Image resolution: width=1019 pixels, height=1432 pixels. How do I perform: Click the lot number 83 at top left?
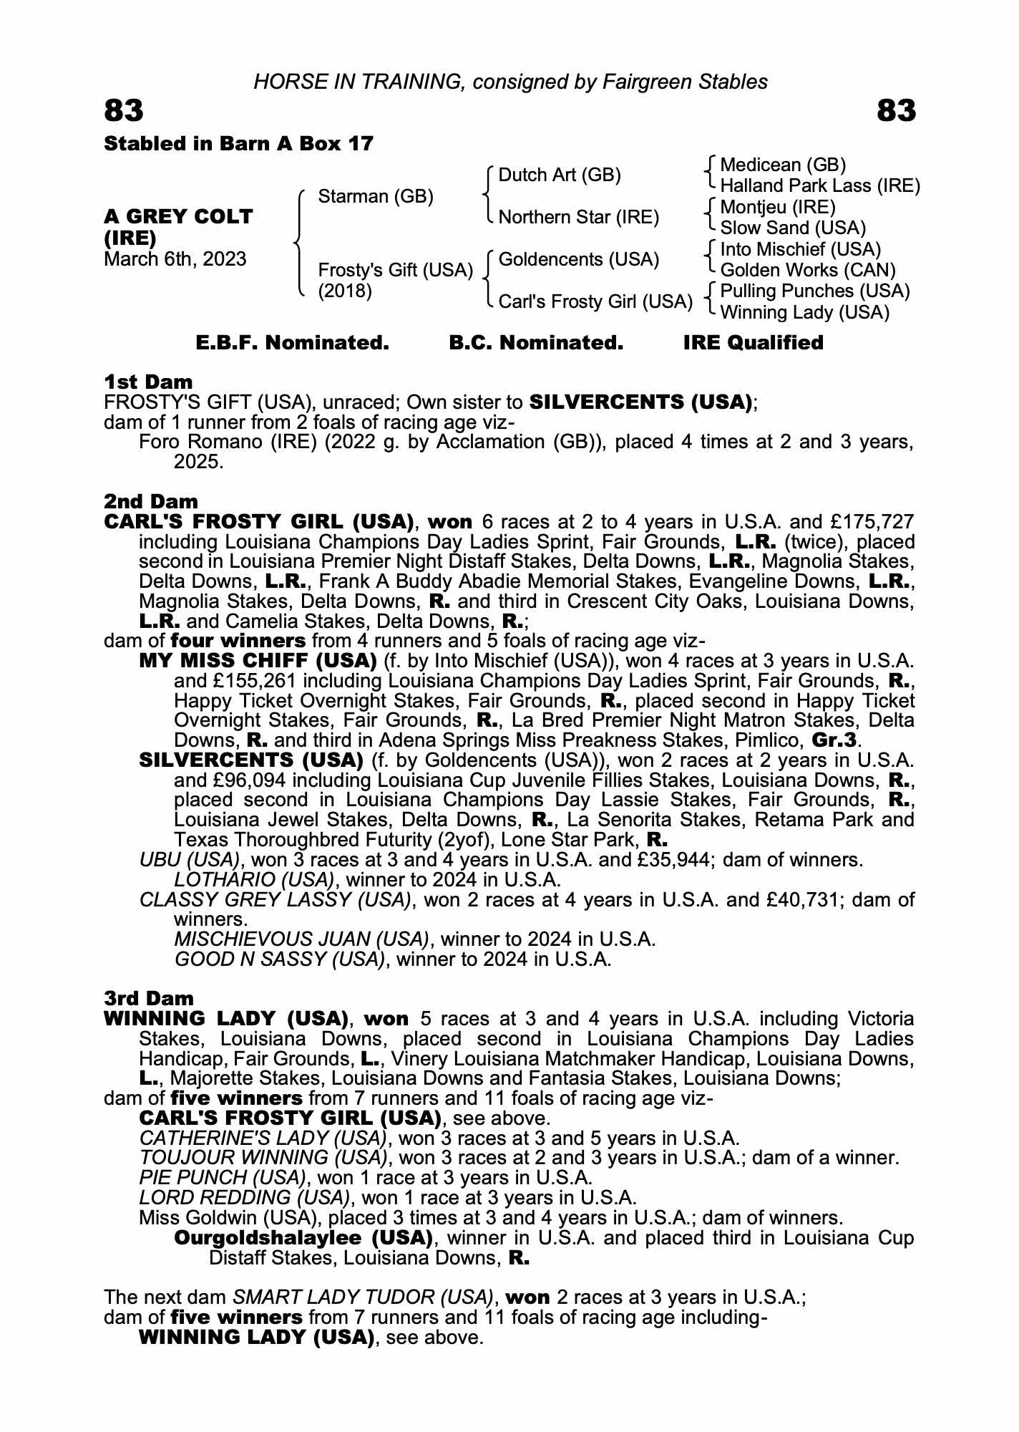pos(124,111)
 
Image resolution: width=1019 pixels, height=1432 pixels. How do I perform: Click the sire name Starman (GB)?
pos(375,196)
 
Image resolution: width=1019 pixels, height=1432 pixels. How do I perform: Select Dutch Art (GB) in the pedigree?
pos(559,175)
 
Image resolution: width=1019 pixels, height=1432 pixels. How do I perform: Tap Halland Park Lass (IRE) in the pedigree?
pos(819,186)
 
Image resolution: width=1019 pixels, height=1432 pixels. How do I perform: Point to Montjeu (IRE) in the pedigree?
pos(777,208)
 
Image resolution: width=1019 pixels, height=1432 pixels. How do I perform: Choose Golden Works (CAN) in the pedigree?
pos(807,271)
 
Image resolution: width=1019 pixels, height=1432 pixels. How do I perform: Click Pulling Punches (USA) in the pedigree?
pos(814,291)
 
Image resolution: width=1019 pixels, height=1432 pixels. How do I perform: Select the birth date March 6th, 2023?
pos(175,259)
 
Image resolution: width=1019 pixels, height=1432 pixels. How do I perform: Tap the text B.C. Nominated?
pos(536,343)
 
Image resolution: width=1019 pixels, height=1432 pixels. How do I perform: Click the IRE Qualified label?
pos(753,343)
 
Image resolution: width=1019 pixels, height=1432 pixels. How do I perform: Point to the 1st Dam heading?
pos(148,382)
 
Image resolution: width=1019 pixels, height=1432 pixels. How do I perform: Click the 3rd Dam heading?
pos(149,998)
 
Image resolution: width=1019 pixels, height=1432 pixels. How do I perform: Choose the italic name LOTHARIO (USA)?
pos(254,879)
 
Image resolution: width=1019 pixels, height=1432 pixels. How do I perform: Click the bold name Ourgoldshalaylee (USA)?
pos(303,1238)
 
